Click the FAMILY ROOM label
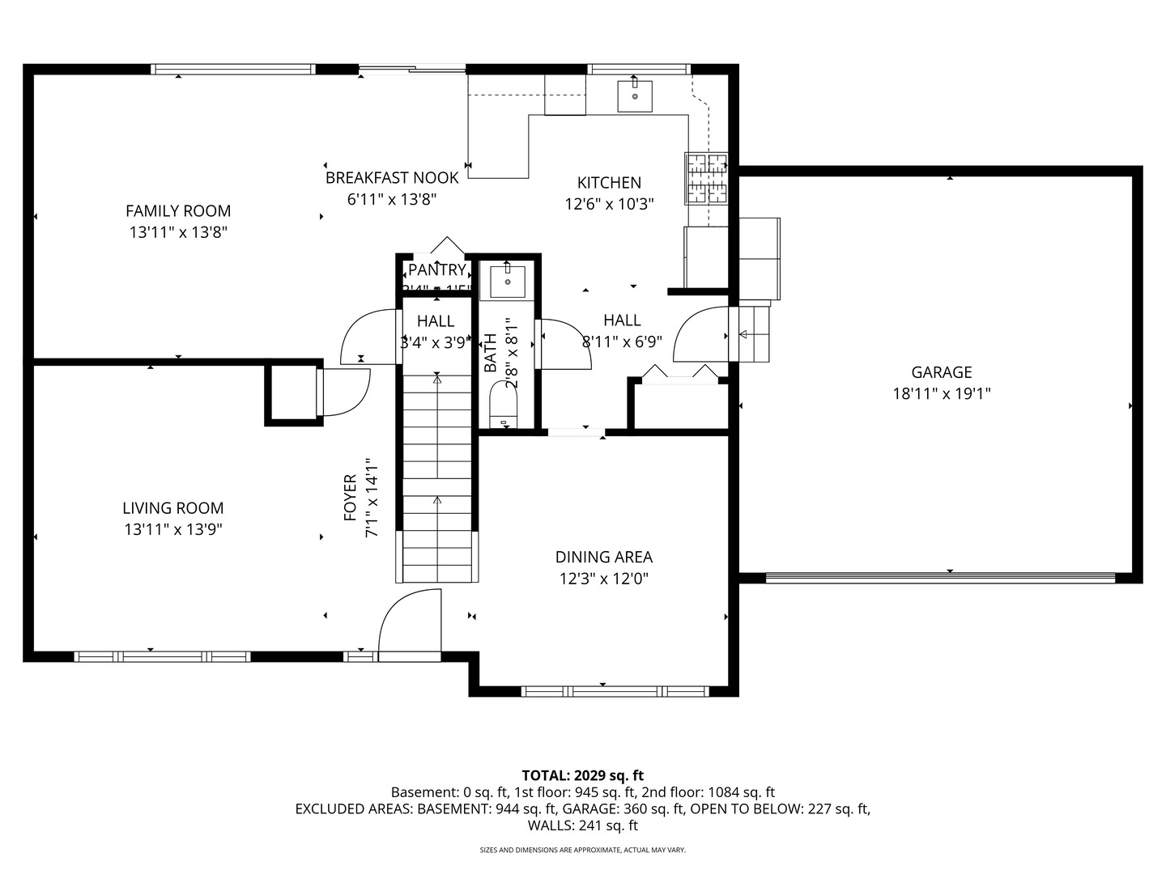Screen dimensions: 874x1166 point(178,211)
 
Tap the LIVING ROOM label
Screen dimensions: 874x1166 point(172,508)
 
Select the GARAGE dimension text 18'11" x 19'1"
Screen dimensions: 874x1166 point(941,394)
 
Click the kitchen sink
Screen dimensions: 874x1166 point(635,95)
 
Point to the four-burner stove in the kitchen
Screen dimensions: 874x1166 point(707,178)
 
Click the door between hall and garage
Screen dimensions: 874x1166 point(700,334)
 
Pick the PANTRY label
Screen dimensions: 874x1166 point(436,270)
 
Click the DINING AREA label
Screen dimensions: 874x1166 point(603,557)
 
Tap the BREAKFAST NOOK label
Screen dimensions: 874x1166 point(392,178)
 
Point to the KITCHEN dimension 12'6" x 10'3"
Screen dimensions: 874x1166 point(609,205)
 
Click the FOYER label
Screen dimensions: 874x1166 point(351,497)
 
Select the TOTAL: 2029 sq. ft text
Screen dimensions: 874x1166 point(582,775)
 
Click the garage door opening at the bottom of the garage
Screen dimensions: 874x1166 point(940,578)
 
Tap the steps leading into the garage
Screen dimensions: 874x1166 point(753,333)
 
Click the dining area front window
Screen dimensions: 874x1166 point(615,691)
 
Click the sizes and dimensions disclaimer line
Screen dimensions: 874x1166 point(582,851)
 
